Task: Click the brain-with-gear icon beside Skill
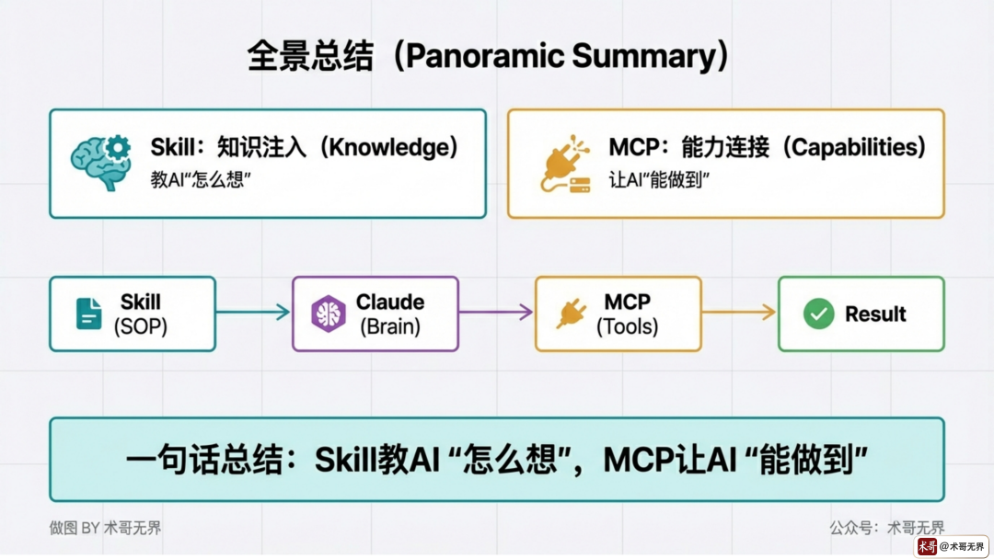100,163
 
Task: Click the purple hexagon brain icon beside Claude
327,314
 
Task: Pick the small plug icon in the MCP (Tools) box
571,314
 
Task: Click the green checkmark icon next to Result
818,314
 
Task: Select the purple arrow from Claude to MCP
496,313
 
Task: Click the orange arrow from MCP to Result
739,313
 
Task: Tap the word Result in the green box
875,314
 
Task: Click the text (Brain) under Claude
390,325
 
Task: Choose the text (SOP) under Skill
140,325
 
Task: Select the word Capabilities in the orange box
857,147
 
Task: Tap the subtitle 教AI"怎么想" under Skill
202,180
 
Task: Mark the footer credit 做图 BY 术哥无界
105,528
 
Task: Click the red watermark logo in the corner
927,546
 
